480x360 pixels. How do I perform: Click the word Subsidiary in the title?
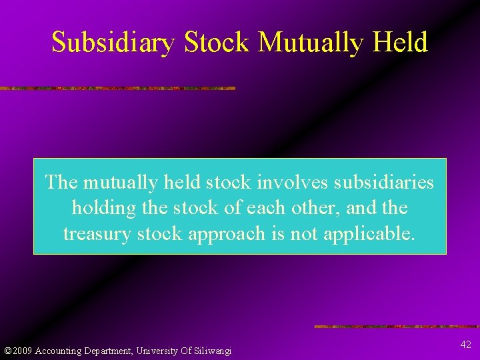point(113,42)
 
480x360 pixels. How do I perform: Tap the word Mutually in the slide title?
point(310,42)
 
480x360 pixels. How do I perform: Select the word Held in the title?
point(401,42)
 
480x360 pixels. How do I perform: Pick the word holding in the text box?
point(103,208)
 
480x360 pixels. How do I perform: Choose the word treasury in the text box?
point(95,234)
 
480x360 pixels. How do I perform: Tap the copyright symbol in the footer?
point(7,351)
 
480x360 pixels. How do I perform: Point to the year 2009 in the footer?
point(22,351)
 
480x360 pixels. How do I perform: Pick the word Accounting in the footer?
point(57,351)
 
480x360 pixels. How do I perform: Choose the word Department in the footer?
point(107,351)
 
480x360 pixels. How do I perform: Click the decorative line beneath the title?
point(117,88)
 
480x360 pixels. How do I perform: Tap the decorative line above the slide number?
point(397,327)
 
